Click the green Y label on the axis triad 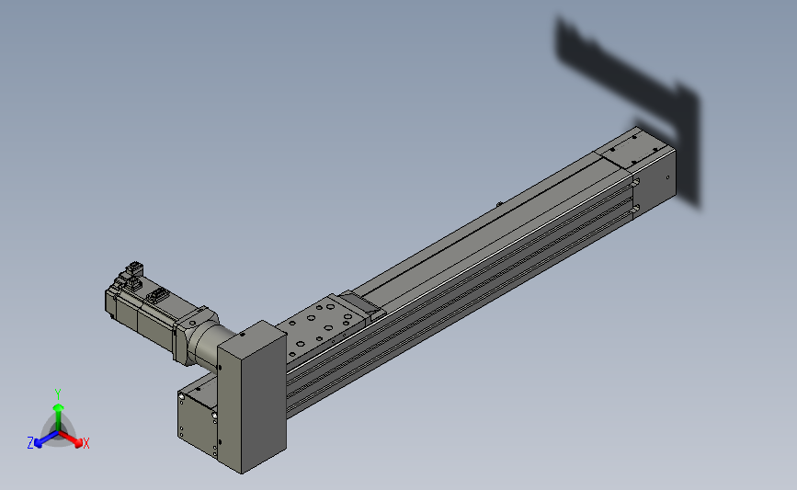58,393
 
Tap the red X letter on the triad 85,444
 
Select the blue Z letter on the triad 30,443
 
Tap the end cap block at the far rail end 655,179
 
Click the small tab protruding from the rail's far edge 498,203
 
